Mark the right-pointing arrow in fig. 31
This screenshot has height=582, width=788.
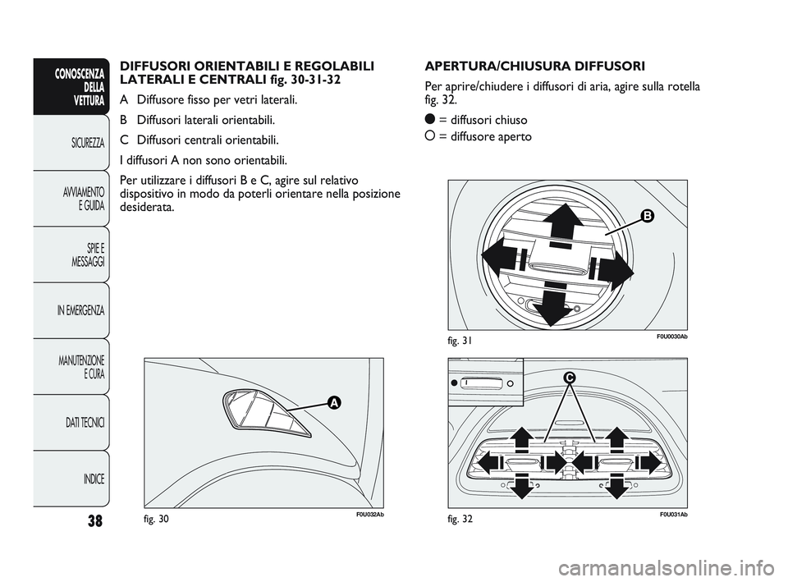616,267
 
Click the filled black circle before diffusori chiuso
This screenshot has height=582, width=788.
429,119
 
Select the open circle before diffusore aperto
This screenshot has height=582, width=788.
429,135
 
